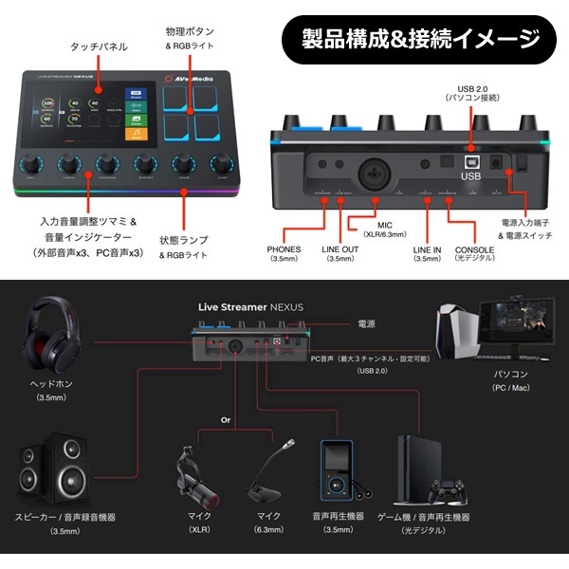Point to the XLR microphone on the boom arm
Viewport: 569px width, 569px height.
tap(196, 471)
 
